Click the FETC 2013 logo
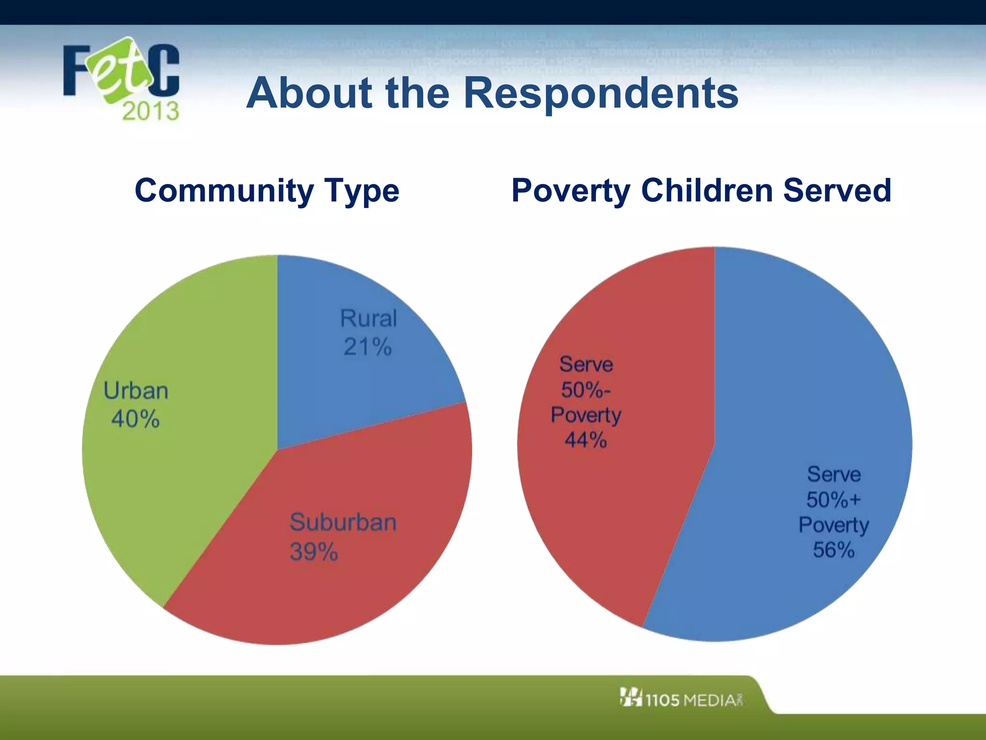click(121, 77)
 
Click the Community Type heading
click(267, 191)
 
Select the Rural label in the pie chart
click(368, 318)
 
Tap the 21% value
click(367, 347)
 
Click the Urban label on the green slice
click(136, 391)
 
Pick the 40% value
click(135, 419)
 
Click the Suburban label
click(343, 522)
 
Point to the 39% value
click(313, 552)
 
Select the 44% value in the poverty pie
click(585, 440)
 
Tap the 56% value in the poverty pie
click(833, 550)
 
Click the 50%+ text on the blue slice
click(833, 500)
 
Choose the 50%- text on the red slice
click(585, 390)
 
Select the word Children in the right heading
click(707, 190)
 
